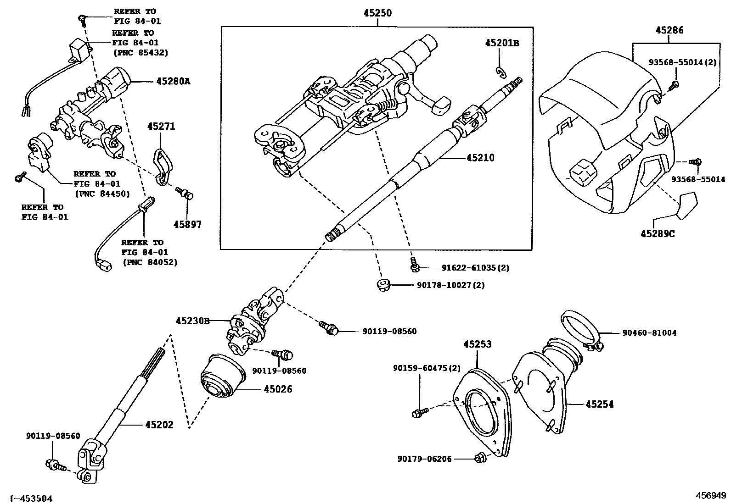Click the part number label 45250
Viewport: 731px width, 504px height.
click(378, 13)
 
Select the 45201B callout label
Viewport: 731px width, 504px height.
click(502, 43)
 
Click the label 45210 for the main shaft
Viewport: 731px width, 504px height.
click(480, 158)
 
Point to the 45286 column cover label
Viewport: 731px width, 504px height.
click(669, 30)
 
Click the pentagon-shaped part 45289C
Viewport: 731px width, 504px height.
click(687, 205)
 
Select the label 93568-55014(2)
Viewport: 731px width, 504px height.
click(682, 62)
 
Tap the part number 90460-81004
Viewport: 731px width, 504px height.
click(649, 333)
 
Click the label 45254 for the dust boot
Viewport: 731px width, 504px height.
click(599, 404)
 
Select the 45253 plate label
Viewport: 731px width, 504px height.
click(477, 344)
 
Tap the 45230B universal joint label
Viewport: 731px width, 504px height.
click(192, 321)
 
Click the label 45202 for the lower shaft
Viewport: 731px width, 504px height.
click(159, 425)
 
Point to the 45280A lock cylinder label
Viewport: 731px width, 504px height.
click(173, 81)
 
